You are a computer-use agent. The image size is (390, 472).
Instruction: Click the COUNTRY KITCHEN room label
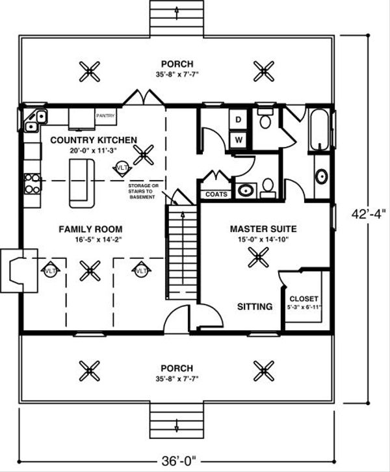pos(93,140)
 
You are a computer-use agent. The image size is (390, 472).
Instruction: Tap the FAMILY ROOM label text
pos(90,229)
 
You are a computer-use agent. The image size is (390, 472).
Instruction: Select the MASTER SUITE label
pos(263,229)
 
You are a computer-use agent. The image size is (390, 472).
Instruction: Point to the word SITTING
pos(254,306)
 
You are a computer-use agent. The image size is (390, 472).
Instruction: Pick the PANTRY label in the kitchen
pos(106,116)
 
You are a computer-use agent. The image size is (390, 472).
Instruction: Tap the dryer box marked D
pos(238,120)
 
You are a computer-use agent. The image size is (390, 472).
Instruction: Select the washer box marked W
pos(238,139)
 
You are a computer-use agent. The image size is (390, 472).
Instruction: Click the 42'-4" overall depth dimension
pos(371,214)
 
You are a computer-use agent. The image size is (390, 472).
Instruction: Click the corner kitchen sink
pos(36,119)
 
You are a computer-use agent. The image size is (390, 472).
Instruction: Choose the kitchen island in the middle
pos(81,182)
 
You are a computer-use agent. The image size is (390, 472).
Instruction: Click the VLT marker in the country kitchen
pos(121,168)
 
